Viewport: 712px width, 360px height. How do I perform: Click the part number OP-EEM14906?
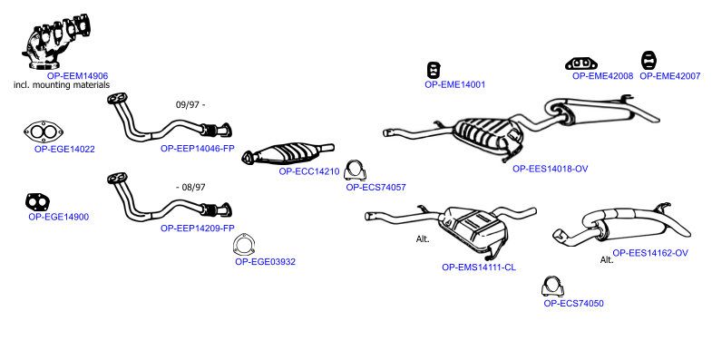tap(78, 76)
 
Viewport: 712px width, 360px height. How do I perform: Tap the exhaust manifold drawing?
tap(55, 42)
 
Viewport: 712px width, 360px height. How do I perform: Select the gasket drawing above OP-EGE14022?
tap(44, 132)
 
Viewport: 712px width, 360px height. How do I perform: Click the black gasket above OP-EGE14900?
tap(37, 201)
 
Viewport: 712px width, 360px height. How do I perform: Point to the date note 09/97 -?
tap(190, 105)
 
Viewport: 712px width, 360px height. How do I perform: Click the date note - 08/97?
tap(190, 187)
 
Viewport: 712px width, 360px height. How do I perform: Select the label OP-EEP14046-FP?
tap(198, 149)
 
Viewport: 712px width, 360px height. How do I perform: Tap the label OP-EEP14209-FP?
tap(198, 229)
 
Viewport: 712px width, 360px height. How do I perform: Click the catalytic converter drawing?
tap(288, 153)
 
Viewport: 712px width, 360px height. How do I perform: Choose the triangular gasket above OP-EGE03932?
tap(244, 246)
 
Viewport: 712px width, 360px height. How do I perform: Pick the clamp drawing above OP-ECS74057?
tap(355, 170)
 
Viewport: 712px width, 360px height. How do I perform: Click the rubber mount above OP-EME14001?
tap(434, 71)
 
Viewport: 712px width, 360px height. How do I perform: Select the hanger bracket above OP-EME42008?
tap(581, 64)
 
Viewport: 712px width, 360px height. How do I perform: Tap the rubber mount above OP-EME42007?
tap(649, 61)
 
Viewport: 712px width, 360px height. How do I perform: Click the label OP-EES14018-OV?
tap(551, 169)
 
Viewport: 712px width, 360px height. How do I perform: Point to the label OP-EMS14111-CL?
tap(479, 268)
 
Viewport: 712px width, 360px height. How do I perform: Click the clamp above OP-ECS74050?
tap(552, 287)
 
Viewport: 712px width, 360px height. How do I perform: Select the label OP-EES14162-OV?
tap(650, 253)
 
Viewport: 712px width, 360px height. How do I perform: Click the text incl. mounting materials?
tap(62, 85)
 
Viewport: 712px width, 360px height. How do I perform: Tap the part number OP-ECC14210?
tap(309, 171)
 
